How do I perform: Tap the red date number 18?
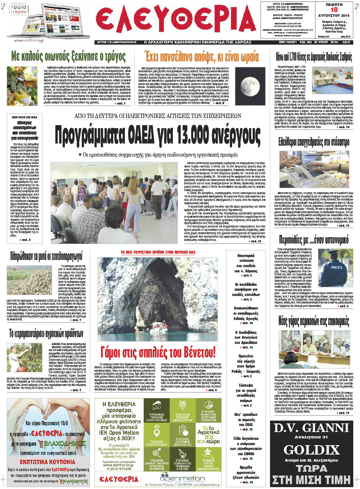[x=334, y=10]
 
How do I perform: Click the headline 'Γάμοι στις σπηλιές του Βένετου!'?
[x=158, y=352]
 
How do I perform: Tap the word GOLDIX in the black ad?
[x=311, y=450]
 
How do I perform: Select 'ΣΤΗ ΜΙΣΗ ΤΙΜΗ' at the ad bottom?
[x=311, y=480]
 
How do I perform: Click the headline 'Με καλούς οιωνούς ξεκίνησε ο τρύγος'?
[x=68, y=57]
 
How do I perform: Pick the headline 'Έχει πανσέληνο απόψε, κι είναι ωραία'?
[x=202, y=57]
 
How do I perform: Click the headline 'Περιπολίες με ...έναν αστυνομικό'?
[x=313, y=240]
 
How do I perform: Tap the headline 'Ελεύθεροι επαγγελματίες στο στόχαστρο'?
[x=313, y=142]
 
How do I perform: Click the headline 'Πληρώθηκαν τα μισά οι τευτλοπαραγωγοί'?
[x=46, y=256]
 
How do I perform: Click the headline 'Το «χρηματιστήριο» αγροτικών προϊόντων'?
[x=46, y=333]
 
